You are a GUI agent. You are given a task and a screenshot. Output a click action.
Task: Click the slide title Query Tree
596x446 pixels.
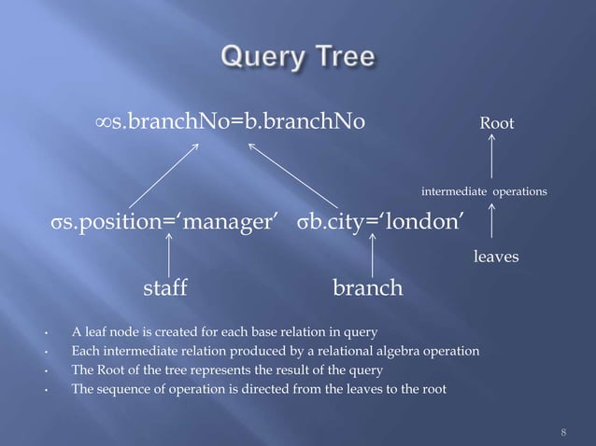pyautogui.click(x=297, y=58)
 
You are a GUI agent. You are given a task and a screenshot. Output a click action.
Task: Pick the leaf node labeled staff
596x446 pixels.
pyautogui.click(x=164, y=288)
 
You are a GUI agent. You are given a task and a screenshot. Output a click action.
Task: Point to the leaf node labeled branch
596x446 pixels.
pyautogui.click(x=368, y=288)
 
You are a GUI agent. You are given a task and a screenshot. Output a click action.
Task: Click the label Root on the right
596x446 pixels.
pyautogui.click(x=496, y=123)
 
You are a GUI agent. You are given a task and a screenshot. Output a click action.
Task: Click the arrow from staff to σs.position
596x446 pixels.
pyautogui.click(x=168, y=255)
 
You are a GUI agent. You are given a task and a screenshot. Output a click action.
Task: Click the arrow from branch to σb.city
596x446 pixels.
pyautogui.click(x=373, y=255)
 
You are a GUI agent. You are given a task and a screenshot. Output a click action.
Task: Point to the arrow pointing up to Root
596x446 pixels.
pyautogui.click(x=491, y=157)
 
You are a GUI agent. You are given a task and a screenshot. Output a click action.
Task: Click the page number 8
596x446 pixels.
pyautogui.click(x=563, y=432)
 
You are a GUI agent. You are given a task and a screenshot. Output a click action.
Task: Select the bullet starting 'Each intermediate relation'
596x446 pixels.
pyautogui.click(x=277, y=350)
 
